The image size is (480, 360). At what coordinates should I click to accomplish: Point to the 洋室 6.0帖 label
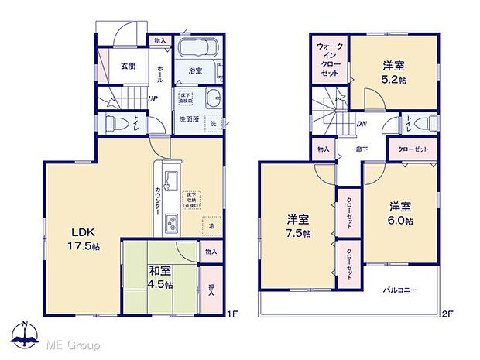(400, 212)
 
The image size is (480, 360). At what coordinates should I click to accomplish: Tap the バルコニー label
(400, 291)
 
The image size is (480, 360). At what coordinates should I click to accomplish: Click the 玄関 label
(129, 67)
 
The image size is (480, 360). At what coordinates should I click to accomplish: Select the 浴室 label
(195, 71)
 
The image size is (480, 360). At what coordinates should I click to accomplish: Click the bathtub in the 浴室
(199, 49)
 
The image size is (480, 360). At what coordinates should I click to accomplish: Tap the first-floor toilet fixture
(115, 122)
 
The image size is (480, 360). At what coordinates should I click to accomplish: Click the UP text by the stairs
(153, 99)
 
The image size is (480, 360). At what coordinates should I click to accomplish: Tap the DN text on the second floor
(361, 125)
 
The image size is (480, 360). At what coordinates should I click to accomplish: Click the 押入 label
(211, 290)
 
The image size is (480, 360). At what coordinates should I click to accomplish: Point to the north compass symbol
(29, 335)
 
